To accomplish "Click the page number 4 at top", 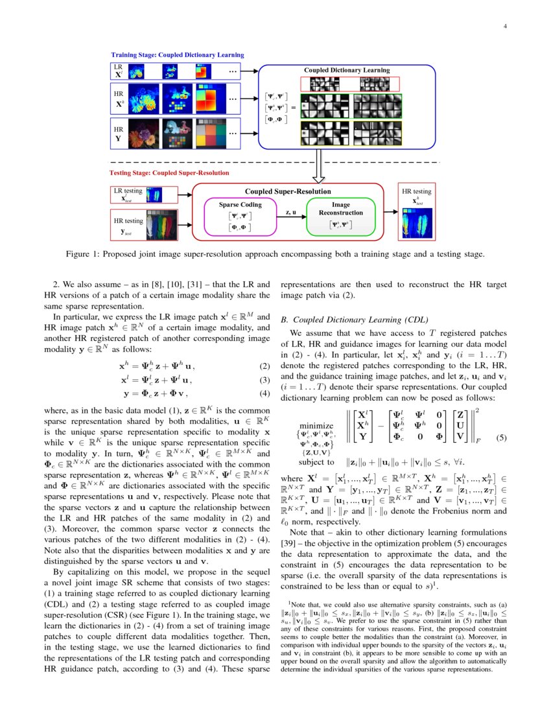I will click(504, 27).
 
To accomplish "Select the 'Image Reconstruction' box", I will click(336, 216).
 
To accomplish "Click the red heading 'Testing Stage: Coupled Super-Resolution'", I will click(169, 173).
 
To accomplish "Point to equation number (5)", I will click(501, 438).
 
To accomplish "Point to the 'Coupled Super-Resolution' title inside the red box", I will click(287, 192).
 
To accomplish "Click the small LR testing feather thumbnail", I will click(153, 194).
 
